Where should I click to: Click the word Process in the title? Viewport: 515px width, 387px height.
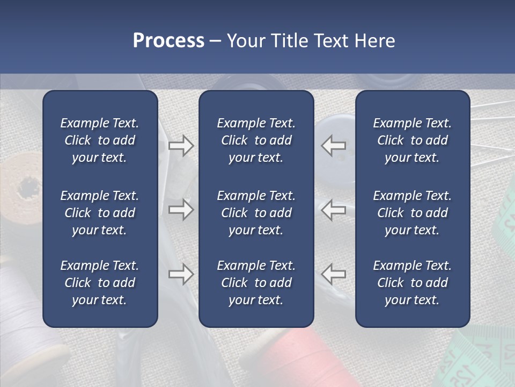(168, 41)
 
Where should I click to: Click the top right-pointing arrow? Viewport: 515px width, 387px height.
(181, 146)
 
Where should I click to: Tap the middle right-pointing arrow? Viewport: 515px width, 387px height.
(181, 210)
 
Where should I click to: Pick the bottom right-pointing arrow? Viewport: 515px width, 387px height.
(181, 274)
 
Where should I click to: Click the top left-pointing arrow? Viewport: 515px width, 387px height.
(334, 146)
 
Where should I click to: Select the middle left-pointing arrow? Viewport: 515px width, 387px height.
(334, 210)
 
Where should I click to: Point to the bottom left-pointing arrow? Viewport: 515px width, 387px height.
(334, 274)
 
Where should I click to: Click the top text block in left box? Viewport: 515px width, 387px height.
(100, 140)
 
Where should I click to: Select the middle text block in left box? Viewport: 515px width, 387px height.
(100, 213)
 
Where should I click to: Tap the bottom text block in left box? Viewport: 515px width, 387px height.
(100, 283)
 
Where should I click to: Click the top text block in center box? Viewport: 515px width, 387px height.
(256, 140)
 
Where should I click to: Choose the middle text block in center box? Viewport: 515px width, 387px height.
(256, 213)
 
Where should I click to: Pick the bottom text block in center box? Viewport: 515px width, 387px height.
(256, 283)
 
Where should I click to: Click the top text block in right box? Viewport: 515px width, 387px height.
(412, 140)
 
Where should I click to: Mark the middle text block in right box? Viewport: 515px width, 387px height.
(412, 213)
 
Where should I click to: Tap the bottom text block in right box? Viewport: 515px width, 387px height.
(412, 283)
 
